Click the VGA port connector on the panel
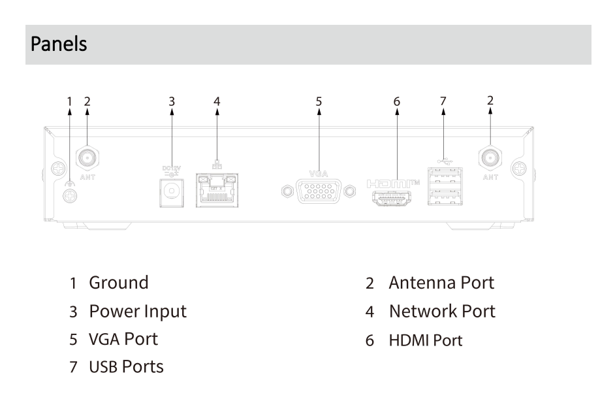point(319,192)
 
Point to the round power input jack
point(172,192)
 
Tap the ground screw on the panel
point(67,194)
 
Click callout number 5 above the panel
point(319,101)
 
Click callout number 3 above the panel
point(172,101)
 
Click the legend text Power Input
point(138,312)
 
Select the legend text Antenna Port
point(441,283)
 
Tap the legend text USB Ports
point(127,367)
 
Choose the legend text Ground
point(119,283)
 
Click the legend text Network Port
point(442,312)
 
